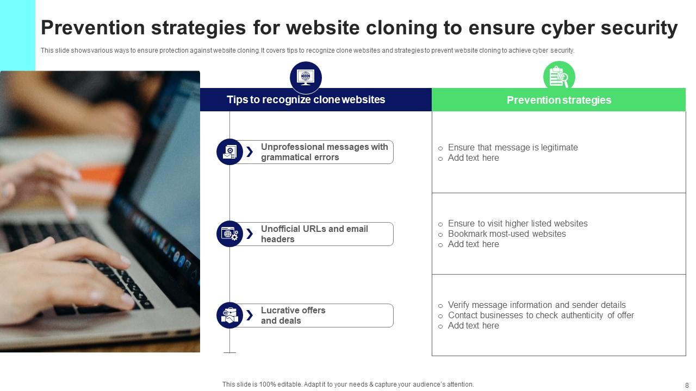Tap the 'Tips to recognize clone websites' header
pos(306,100)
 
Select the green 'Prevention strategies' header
pos(558,100)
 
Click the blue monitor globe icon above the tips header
pos(306,77)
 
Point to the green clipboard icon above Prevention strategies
pos(558,77)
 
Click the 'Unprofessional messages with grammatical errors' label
pos(324,152)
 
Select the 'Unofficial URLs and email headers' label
pos(314,234)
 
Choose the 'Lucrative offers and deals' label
pos(293,316)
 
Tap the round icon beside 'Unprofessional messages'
pos(229,152)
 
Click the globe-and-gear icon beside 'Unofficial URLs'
pos(229,234)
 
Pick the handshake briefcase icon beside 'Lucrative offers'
pos(229,316)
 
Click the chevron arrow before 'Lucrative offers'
pos(250,316)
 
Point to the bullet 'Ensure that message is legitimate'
pos(512,148)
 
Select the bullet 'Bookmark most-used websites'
pos(506,234)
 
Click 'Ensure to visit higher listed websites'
pos(517,224)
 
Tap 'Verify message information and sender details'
pos(536,305)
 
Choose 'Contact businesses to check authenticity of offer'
pos(540,316)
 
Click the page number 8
pos(687,386)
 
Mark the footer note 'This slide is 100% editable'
pos(348,384)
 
